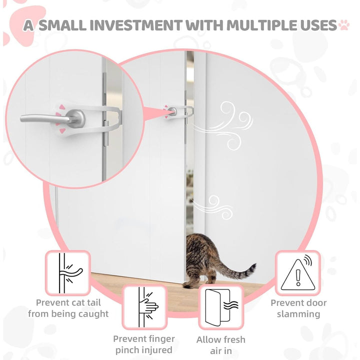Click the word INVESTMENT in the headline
coord(137,25)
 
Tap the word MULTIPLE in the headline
coord(261,25)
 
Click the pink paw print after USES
coord(344,25)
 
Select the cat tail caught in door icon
coord(68,273)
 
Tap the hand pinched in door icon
coord(144,307)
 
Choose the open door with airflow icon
coord(221,307)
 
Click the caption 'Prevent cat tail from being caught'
coord(68,308)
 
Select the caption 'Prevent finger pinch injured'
coord(144,344)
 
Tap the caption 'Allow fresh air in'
coord(221,345)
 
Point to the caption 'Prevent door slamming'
coord(298,308)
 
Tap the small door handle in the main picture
coord(172,111)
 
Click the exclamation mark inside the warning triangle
coord(298,277)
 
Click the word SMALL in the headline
coord(62,25)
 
